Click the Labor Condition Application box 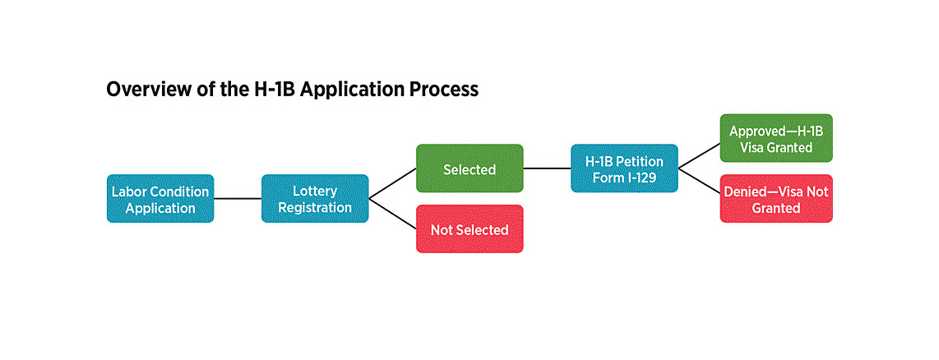[x=160, y=198]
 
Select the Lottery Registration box [x=315, y=198]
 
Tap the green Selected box [x=469, y=168]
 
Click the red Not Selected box [x=469, y=229]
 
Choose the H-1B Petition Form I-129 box [x=624, y=168]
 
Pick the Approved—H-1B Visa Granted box [x=776, y=138]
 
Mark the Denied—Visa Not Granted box [x=776, y=199]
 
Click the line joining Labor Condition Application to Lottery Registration [x=238, y=198]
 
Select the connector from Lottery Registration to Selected [x=392, y=184]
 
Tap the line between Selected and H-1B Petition [x=547, y=168]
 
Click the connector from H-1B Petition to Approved [x=699, y=154]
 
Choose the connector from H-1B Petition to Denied [x=699, y=183]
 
